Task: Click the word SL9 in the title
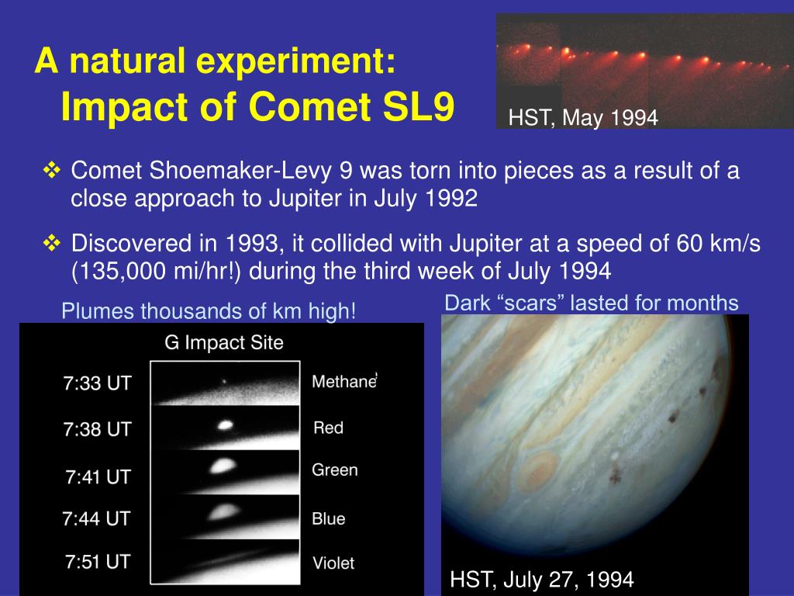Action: coord(419,106)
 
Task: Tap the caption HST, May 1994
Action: coord(583,118)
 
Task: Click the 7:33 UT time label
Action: coord(97,383)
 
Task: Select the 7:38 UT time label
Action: coord(97,429)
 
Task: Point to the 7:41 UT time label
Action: coord(98,477)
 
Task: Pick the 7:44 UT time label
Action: coord(96,518)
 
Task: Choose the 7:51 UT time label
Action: coord(98,562)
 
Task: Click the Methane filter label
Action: coord(343,381)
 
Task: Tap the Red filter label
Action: coord(328,428)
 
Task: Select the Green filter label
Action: coord(335,470)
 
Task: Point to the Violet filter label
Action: coord(333,563)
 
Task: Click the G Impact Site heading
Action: coord(224,342)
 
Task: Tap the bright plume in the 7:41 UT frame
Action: coord(222,466)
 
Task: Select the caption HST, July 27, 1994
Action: coord(542,579)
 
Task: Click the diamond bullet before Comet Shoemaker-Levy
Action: coord(52,170)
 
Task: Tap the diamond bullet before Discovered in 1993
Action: coord(52,243)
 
